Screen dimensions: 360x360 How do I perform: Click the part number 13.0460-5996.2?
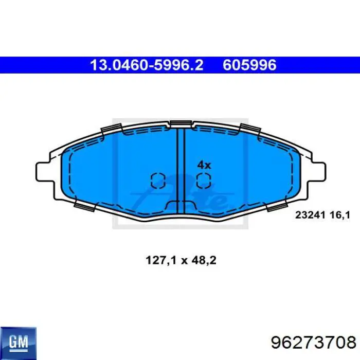(147, 65)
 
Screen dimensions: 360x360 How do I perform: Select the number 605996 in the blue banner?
(249, 65)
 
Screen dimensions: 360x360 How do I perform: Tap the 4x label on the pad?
(204, 165)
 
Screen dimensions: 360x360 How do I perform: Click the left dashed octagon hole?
(157, 180)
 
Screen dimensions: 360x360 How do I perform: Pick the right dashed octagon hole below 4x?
(204, 180)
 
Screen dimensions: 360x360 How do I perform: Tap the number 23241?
(309, 217)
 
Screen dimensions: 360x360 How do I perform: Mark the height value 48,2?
(205, 261)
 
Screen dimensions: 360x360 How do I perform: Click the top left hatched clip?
(111, 129)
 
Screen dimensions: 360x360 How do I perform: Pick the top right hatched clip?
(250, 129)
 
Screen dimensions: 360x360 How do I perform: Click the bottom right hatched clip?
(276, 206)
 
